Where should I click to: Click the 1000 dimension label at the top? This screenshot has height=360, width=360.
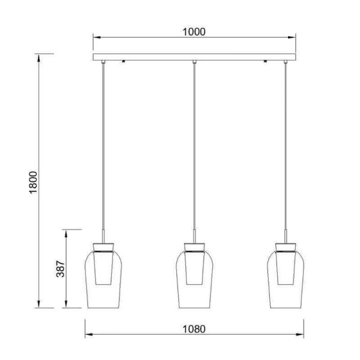pos(194,32)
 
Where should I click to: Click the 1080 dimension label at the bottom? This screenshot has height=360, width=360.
pos(194,329)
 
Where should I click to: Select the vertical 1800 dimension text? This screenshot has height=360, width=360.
pos(33,182)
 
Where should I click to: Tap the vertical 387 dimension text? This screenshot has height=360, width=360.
pos(61,269)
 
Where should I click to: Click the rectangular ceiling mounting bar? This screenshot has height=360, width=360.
pos(194,57)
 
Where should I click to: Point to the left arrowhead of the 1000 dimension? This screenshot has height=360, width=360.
pos(97,37)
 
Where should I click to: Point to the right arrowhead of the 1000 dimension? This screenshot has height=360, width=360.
pos(292,37)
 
